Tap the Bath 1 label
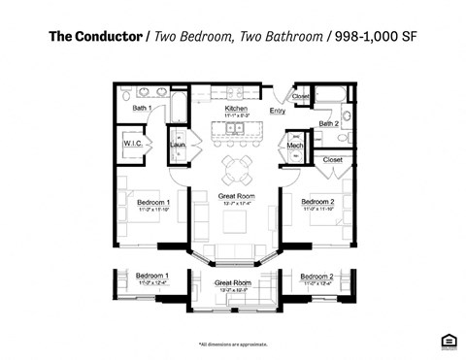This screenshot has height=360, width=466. click(142, 108)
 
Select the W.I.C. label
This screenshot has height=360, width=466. click(133, 145)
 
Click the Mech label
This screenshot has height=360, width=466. click(295, 147)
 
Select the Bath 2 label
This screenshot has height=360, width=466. click(328, 124)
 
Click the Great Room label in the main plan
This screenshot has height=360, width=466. click(236, 196)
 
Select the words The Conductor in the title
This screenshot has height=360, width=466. click(96, 37)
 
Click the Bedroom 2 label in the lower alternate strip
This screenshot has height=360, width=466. click(317, 277)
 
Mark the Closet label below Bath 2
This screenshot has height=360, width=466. click(332, 159)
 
